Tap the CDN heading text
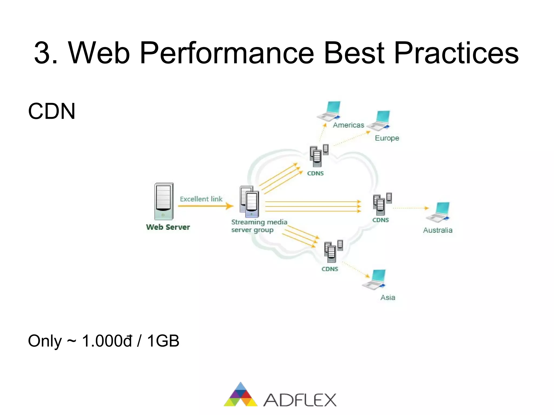(51, 111)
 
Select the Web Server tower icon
(164, 201)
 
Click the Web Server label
(168, 227)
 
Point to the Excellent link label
(201, 199)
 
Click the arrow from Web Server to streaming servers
(206, 206)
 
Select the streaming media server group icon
(249, 202)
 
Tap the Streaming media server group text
(259, 226)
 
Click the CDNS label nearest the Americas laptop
(315, 173)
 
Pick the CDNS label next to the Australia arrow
(380, 220)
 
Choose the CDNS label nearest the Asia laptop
(330, 269)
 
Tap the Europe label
(387, 138)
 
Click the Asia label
(388, 298)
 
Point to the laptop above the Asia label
(375, 280)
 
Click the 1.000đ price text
(107, 341)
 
